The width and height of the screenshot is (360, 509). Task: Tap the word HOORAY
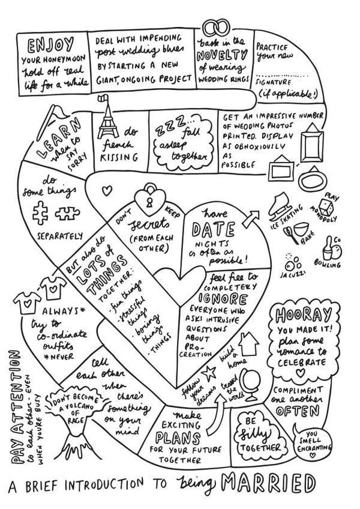click(300, 316)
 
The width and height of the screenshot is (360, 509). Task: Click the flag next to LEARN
click(57, 112)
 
